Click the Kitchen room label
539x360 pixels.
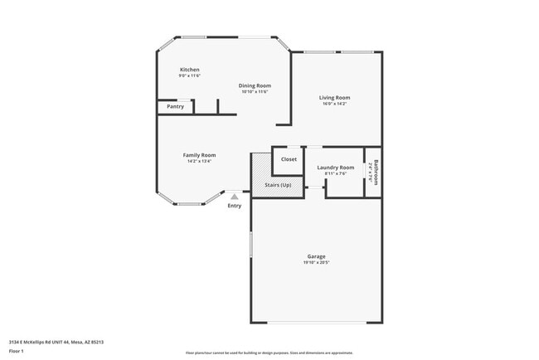[190, 70]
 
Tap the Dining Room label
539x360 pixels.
[255, 85]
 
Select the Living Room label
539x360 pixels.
[335, 98]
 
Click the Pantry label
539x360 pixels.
[175, 106]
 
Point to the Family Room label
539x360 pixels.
[199, 155]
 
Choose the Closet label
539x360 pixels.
[289, 159]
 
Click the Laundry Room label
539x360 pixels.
[335, 168]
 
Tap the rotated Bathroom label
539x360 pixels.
[376, 172]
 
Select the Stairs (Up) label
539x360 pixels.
[278, 185]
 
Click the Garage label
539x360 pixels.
[316, 256]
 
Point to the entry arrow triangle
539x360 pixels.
[235, 197]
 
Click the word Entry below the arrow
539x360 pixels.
[235, 206]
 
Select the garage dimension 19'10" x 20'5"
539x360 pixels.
[316, 262]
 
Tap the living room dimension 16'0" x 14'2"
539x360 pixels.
[335, 104]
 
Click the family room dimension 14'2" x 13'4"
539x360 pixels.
[199, 161]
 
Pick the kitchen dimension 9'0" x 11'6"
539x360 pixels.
[190, 75]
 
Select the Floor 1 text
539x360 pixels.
[17, 351]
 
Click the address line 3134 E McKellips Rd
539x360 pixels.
[56, 342]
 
